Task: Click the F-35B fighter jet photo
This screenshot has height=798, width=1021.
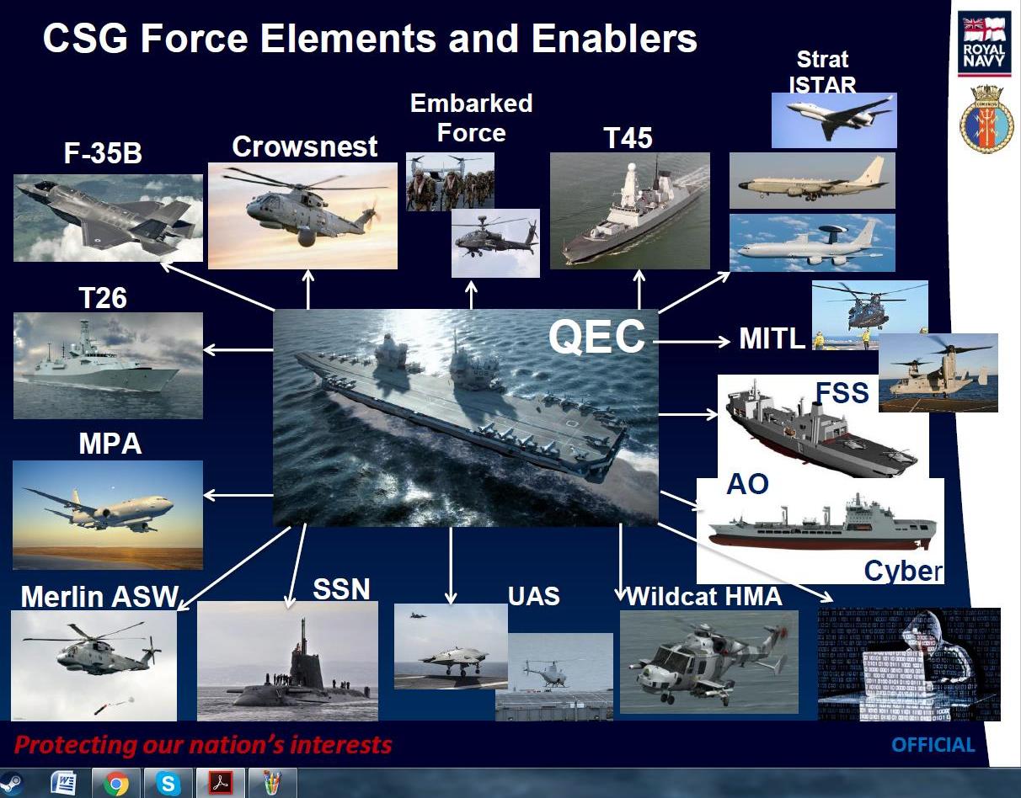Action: [108, 217]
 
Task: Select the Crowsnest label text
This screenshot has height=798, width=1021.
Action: [304, 146]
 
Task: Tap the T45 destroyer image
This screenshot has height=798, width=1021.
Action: [629, 210]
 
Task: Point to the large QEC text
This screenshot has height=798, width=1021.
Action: [596, 337]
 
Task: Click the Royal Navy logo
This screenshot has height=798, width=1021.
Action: [984, 44]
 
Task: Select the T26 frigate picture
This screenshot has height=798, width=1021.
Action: [108, 365]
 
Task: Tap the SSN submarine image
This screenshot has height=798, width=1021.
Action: [287, 661]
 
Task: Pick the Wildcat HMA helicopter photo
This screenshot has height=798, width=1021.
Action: [708, 662]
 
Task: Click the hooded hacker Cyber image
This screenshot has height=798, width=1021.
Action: [909, 664]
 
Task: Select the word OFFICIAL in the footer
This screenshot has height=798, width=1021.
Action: [933, 745]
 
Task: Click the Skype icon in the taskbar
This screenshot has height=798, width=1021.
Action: [168, 783]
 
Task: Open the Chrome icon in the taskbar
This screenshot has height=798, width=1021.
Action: [116, 783]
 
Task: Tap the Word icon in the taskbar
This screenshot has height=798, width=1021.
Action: [63, 783]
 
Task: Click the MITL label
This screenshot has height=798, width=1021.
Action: [772, 339]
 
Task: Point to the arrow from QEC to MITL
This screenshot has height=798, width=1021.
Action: [691, 341]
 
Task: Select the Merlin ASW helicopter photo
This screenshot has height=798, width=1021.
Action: [94, 665]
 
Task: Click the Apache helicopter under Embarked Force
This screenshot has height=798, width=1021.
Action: [494, 242]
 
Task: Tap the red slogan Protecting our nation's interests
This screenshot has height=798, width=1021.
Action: [203, 745]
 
